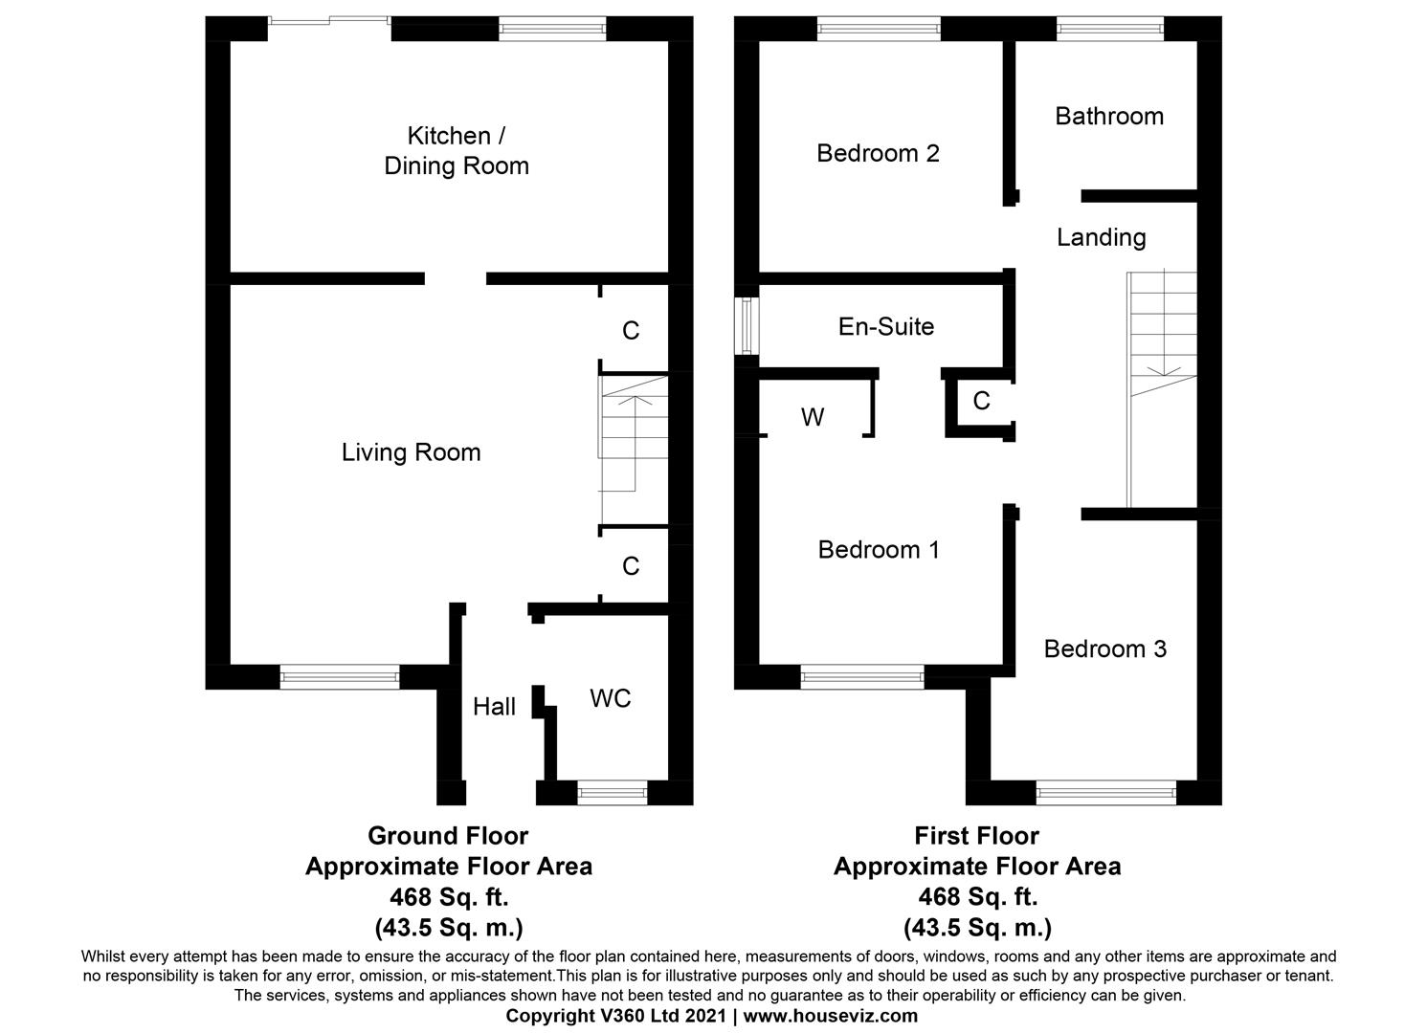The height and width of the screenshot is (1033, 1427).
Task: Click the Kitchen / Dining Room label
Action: tap(457, 151)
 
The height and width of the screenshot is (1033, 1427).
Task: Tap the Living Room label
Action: tap(411, 452)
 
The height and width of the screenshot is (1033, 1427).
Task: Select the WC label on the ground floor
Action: tap(610, 699)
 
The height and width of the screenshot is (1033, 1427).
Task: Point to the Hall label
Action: tap(494, 707)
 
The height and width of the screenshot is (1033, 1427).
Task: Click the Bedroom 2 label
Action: tap(878, 153)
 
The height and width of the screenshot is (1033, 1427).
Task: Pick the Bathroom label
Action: tap(1109, 117)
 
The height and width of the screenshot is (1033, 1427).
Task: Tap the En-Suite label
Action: tap(886, 327)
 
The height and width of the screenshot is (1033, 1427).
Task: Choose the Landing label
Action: tap(1101, 237)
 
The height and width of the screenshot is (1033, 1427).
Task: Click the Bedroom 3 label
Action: tap(1104, 649)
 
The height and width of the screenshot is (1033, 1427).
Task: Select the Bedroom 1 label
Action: tap(879, 550)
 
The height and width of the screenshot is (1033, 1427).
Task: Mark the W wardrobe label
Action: tap(813, 418)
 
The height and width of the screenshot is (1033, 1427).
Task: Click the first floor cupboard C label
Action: tap(981, 401)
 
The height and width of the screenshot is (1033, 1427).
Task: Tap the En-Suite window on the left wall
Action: tap(746, 326)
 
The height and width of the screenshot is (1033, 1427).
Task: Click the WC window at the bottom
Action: tap(613, 792)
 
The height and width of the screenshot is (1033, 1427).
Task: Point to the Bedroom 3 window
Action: tap(1105, 792)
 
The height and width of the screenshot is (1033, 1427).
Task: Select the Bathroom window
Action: tap(1109, 29)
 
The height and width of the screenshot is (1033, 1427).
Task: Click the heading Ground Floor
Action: tap(448, 836)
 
